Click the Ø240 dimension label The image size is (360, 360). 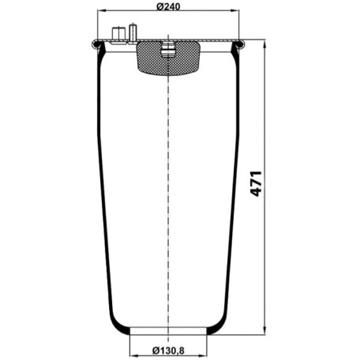168,6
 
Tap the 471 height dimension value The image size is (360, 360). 256,183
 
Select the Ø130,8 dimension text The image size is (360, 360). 168,351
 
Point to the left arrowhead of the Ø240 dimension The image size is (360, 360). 102,10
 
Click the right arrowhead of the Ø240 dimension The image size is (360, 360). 235,10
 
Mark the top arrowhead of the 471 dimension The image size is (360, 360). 264,44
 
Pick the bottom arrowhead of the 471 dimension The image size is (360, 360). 264,331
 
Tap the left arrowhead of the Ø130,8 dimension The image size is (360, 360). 133,356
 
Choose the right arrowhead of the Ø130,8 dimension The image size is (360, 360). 203,356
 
